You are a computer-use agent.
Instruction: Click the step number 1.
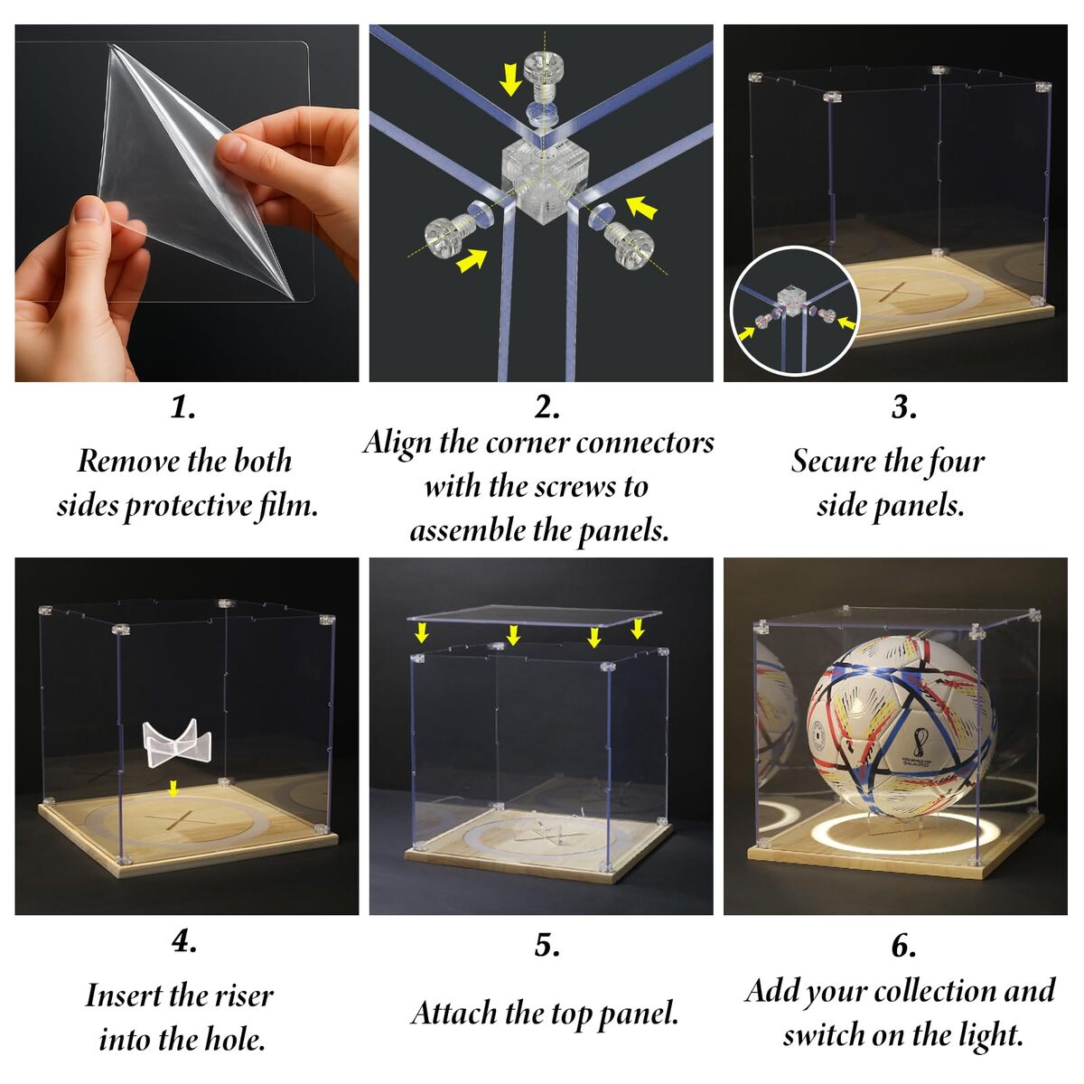(x=183, y=407)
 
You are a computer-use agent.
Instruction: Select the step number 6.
(x=904, y=946)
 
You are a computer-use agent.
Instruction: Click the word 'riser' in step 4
(x=244, y=995)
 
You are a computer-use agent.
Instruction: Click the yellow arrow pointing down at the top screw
(x=510, y=79)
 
